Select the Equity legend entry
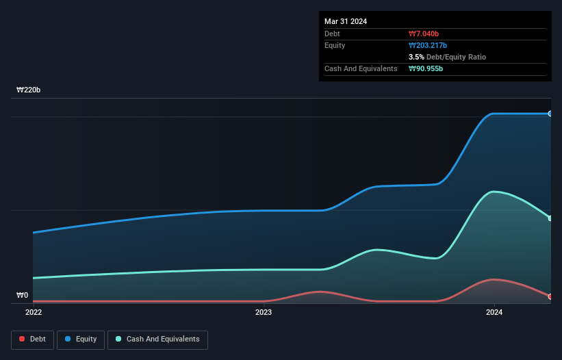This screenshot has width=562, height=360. pyautogui.click(x=81, y=339)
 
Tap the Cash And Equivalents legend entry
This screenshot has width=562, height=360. pyautogui.click(x=157, y=339)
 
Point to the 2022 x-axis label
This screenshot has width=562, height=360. pyautogui.click(x=34, y=313)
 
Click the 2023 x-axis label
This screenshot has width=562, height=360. pyautogui.click(x=264, y=313)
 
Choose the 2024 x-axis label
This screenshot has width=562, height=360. pyautogui.click(x=494, y=313)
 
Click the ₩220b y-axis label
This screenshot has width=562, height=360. pyautogui.click(x=28, y=90)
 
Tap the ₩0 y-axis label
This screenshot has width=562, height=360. pyautogui.click(x=22, y=296)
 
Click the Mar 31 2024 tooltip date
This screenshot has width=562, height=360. pyautogui.click(x=346, y=21)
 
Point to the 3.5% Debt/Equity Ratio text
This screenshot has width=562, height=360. pyautogui.click(x=447, y=57)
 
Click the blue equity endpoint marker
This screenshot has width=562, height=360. pyautogui.click(x=550, y=114)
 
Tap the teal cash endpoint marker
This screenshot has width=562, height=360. pyautogui.click(x=550, y=218)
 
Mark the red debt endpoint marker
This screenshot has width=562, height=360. pyautogui.click(x=550, y=296)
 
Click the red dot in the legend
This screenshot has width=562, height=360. pyautogui.click(x=22, y=339)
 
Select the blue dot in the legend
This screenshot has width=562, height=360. pyautogui.click(x=68, y=339)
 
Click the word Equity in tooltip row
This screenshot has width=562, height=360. pyautogui.click(x=335, y=45)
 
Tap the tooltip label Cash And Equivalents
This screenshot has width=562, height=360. pyautogui.click(x=361, y=68)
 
